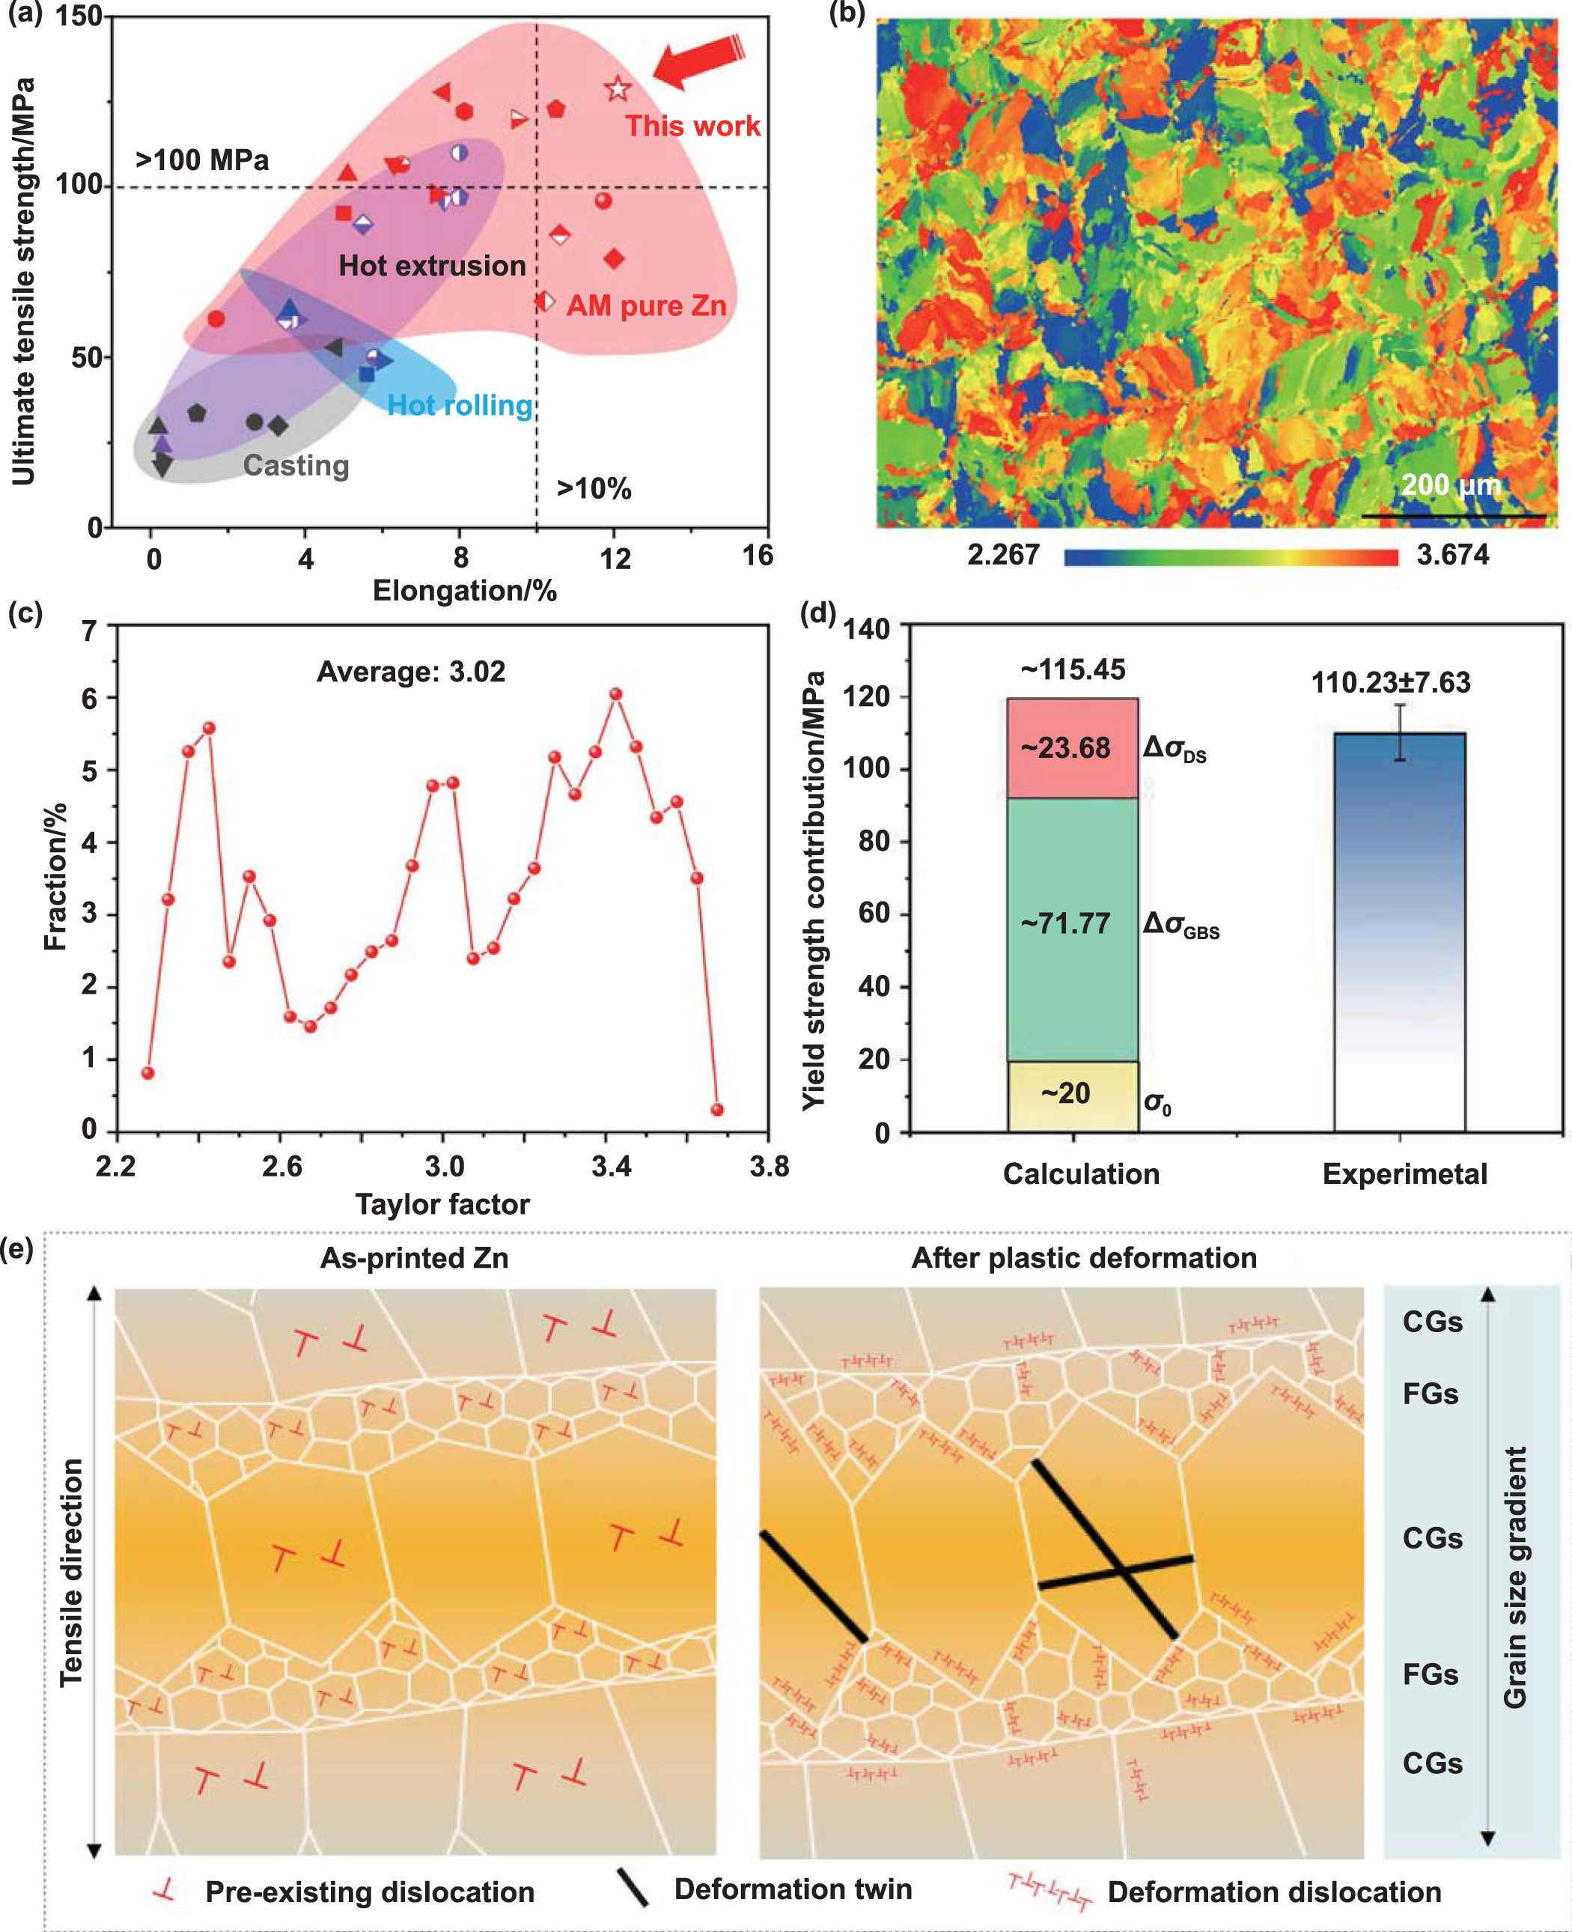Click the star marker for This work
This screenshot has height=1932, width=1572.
click(x=618, y=89)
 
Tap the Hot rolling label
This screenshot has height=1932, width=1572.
click(x=460, y=405)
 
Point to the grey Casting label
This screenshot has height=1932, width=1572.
click(x=296, y=465)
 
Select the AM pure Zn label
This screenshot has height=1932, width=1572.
click(x=647, y=306)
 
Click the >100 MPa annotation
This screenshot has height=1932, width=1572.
click(x=202, y=160)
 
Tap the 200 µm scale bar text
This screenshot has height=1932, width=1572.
click(x=1451, y=484)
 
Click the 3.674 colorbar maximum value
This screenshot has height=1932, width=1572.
click(x=1452, y=554)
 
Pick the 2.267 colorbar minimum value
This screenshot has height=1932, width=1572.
click(x=1003, y=554)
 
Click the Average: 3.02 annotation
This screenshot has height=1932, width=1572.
click(x=411, y=671)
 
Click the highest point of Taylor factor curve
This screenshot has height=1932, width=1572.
click(x=616, y=694)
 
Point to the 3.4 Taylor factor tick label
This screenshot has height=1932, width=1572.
click(x=612, y=1166)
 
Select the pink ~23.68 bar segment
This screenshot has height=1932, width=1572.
click(x=1072, y=748)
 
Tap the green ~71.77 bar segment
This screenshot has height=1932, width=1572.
click(x=1072, y=924)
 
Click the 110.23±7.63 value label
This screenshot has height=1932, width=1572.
click(x=1391, y=682)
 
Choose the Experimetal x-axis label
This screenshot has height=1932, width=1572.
click(x=1404, y=1174)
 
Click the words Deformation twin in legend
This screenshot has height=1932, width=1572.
click(x=793, y=1889)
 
